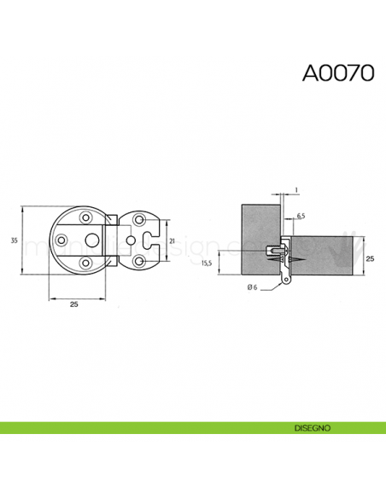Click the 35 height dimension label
(x=14, y=241)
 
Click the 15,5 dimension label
(x=206, y=263)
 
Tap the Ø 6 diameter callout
(x=252, y=287)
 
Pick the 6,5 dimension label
(x=301, y=217)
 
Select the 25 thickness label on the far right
(x=370, y=257)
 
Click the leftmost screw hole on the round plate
(x=61, y=241)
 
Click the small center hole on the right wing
(x=129, y=241)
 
